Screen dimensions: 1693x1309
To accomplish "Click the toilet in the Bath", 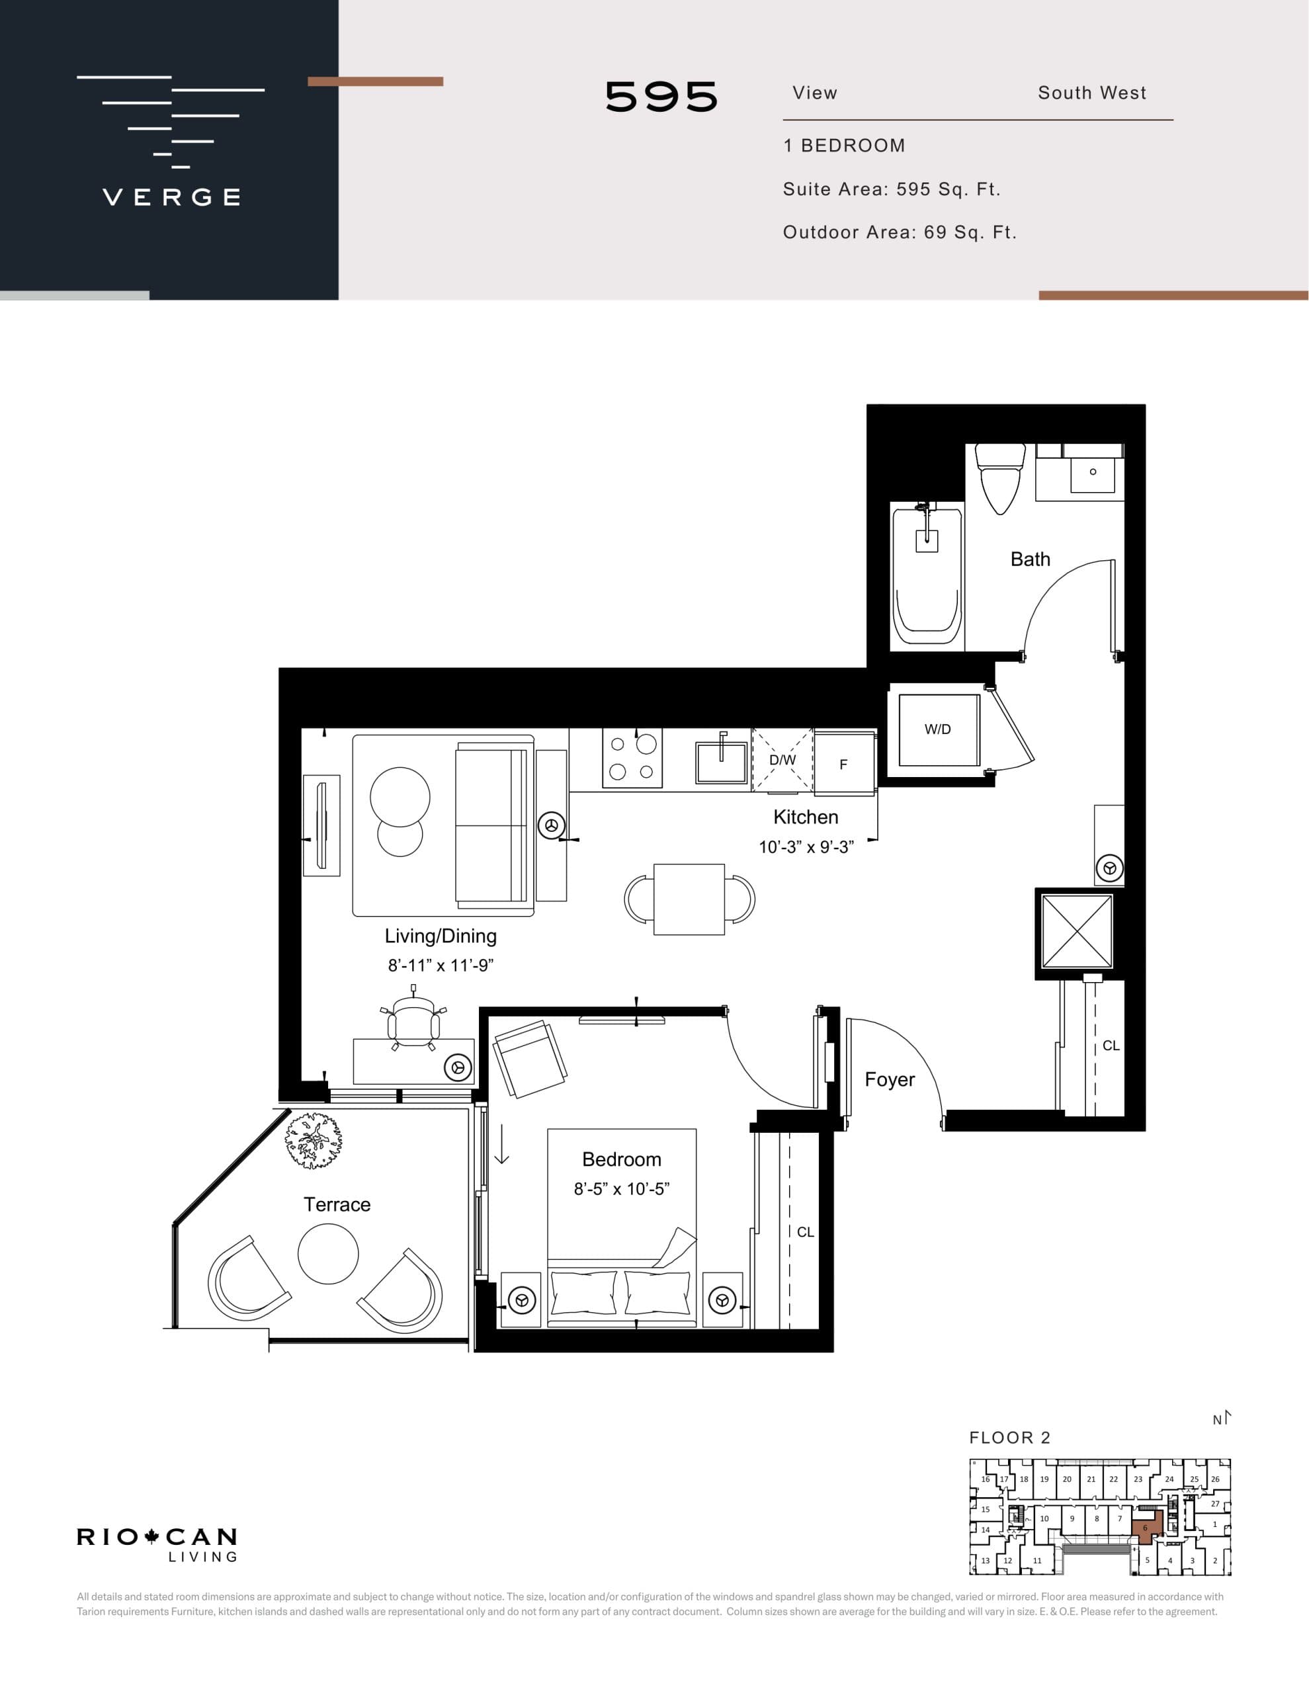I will (1000, 479).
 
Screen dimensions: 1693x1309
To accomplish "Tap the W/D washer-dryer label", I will (937, 729).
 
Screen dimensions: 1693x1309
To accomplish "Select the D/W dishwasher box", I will (782, 761).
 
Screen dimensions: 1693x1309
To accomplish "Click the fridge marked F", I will (844, 764).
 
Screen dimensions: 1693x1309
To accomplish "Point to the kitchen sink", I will (721, 762).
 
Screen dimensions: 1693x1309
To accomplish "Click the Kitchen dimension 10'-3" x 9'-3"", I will (806, 847).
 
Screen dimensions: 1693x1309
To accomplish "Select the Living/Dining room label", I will (441, 936).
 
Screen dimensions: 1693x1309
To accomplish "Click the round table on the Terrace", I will (328, 1253).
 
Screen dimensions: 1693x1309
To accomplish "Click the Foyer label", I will (890, 1080).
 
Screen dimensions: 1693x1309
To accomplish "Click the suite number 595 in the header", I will (661, 98).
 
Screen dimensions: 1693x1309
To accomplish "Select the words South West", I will (1092, 93).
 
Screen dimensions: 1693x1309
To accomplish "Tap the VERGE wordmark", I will (171, 197).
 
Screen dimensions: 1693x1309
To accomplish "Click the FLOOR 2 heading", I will (1009, 1438).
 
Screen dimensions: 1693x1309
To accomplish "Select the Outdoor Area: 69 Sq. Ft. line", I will (900, 233).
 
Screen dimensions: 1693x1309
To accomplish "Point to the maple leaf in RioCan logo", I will (151, 1536).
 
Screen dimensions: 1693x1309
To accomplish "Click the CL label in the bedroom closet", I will (805, 1232).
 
